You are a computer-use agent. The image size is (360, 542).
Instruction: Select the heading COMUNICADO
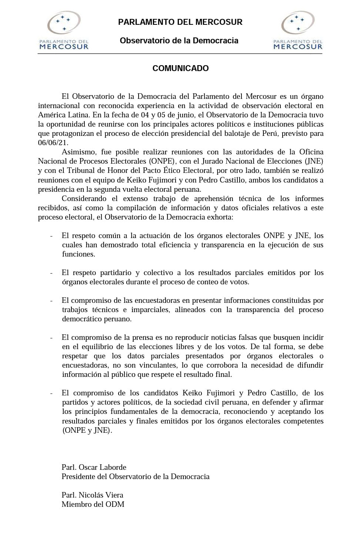click(180, 68)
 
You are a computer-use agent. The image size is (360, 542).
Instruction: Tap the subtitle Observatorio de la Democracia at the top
click(179, 41)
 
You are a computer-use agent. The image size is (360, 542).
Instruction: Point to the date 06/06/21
click(53, 143)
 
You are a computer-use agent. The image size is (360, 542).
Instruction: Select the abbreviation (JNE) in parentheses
click(314, 161)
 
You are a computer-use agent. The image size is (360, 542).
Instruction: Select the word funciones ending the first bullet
click(78, 254)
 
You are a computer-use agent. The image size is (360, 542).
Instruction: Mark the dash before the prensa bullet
click(51, 338)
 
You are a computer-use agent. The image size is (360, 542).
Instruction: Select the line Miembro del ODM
click(93, 505)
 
